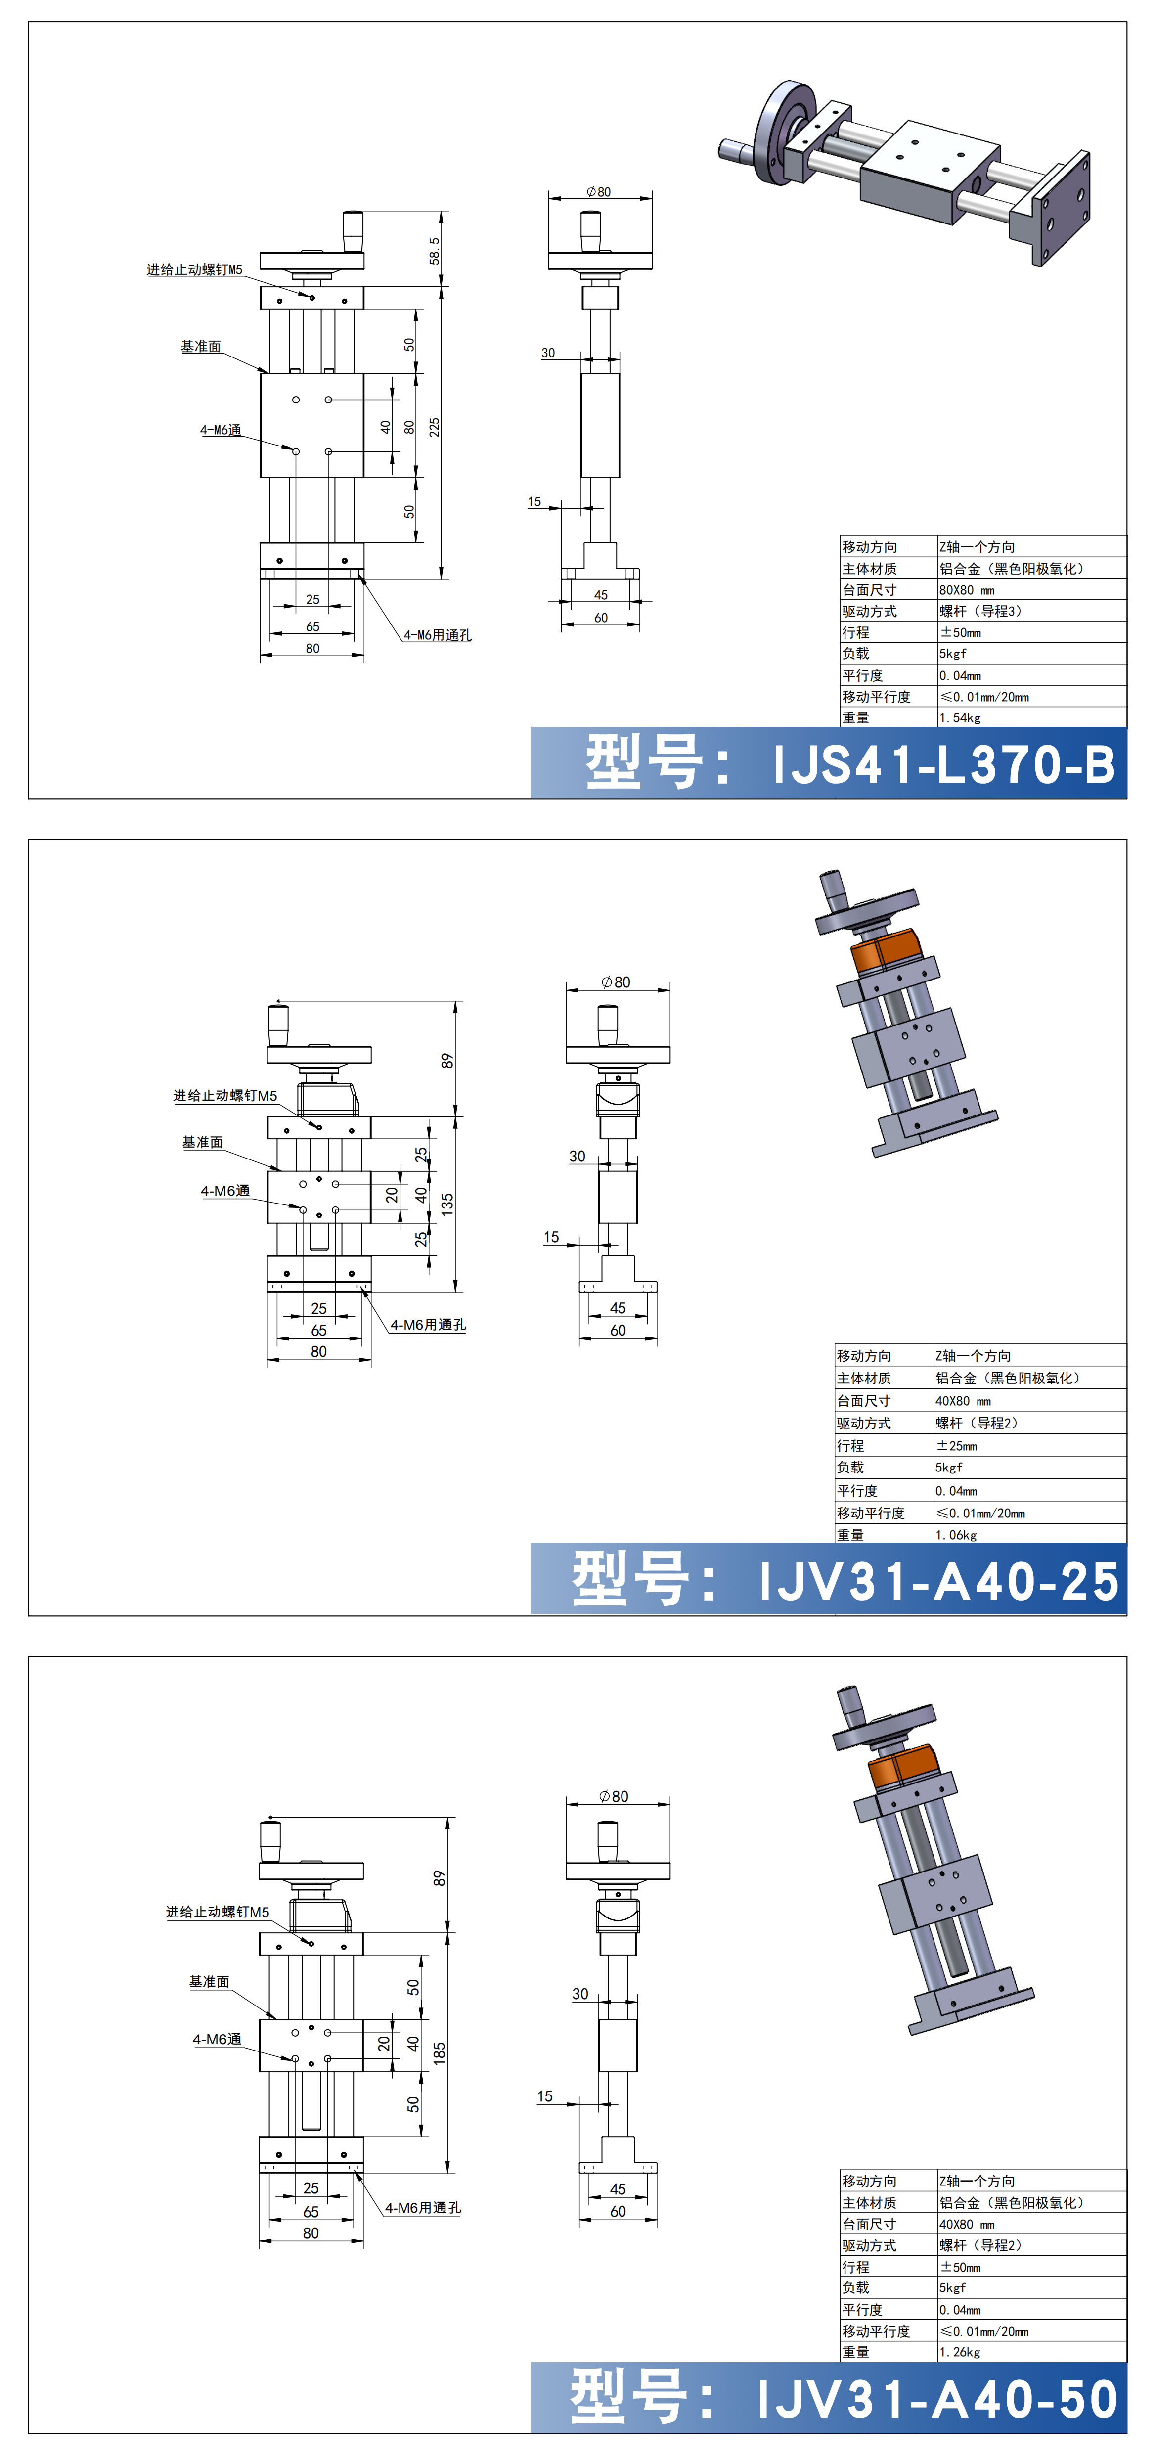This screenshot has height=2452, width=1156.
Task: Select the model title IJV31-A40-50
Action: (938, 2398)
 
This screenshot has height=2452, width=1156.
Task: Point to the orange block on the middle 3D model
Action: (886, 952)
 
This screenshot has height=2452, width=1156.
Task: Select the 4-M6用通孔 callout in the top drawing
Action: (437, 635)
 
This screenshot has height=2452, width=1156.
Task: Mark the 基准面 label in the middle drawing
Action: (203, 1141)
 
